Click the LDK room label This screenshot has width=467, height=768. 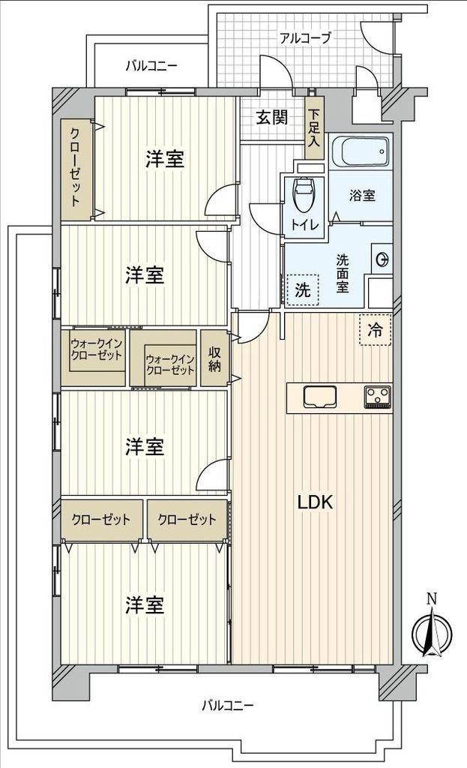(315, 503)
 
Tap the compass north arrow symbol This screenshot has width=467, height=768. (431, 631)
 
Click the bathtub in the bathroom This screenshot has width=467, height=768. (361, 153)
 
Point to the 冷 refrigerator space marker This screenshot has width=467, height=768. (375, 329)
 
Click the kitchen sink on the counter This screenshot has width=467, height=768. (320, 396)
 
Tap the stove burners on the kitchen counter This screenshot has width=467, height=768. (378, 396)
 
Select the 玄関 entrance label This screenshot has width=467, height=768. (271, 118)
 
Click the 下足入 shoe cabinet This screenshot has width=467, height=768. (314, 128)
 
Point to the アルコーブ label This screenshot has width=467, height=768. (305, 37)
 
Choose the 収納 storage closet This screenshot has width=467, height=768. (215, 358)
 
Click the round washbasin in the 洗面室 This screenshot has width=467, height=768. (382, 259)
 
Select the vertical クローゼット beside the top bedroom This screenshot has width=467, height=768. (76, 167)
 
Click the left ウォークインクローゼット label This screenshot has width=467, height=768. (97, 349)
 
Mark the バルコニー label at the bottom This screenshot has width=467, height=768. (228, 705)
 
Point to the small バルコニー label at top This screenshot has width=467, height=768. (151, 65)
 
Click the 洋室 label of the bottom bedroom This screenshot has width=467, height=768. (145, 604)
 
